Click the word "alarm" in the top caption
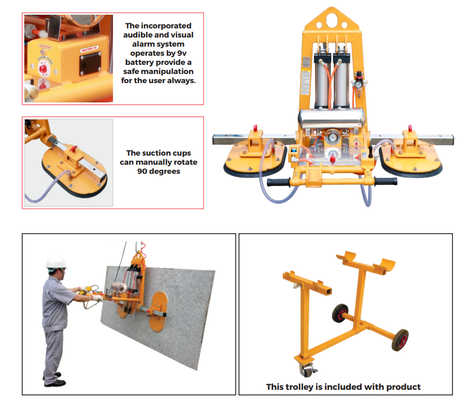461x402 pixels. pos(136,44)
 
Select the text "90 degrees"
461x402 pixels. pos(159,171)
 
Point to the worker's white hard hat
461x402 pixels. pos(56,263)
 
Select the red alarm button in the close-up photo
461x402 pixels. pos(43,68)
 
